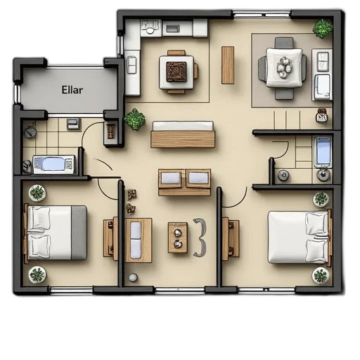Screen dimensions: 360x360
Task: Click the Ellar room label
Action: [72, 90]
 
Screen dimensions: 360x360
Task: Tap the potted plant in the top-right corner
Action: [323, 28]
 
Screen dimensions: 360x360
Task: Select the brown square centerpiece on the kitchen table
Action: [176, 72]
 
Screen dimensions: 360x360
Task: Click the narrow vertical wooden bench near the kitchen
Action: [228, 65]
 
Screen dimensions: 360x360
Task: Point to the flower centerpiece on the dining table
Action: [285, 67]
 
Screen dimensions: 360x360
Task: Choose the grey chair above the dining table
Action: [284, 43]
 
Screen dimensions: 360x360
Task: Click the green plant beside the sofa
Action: [134, 119]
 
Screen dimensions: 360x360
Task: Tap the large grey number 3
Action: [200, 238]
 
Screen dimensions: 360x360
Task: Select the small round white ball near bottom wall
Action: [133, 277]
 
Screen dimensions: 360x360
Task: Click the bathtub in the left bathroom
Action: [54, 165]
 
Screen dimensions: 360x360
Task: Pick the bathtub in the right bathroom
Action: [323, 152]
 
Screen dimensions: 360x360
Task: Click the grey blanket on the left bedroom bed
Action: [79, 233]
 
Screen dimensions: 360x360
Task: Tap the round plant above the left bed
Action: [37, 193]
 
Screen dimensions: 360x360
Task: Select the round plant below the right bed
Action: [321, 276]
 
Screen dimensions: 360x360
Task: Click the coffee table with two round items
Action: [178, 238]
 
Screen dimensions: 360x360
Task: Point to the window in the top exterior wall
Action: [262, 14]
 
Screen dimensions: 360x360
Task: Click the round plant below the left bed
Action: [37, 275]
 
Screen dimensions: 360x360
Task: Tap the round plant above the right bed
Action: [321, 199]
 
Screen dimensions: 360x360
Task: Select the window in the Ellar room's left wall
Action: [17, 94]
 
